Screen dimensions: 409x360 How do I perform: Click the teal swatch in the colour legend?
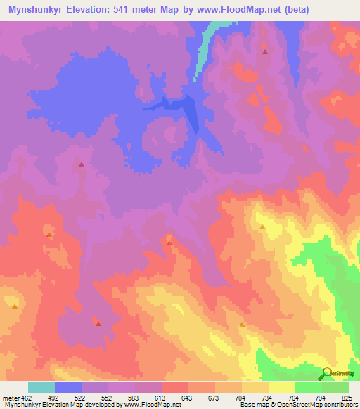click(41, 387)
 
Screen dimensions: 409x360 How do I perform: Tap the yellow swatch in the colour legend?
click(282, 387)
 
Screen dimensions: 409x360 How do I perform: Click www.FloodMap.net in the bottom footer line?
click(150, 405)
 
